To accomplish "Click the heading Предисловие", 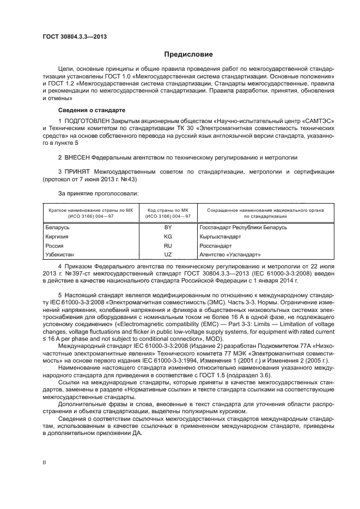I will pos(189,54).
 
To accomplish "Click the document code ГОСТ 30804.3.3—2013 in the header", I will pos(74,36).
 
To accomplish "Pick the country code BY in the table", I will pos(168,227).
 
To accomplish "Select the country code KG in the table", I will pos(168,237).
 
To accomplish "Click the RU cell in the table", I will pos(168,246).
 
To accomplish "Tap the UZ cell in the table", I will pos(168,255).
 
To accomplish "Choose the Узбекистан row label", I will pos(62,255).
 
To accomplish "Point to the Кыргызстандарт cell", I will pos(221,237).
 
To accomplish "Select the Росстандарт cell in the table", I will pos(216,246).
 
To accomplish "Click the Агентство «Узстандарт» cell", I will pos(230,255).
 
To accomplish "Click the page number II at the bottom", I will pos(45,462).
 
